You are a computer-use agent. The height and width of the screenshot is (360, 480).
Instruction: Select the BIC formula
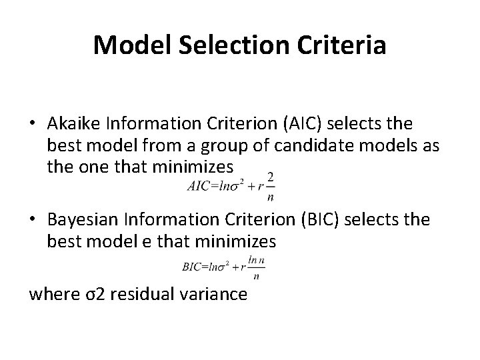point(220,267)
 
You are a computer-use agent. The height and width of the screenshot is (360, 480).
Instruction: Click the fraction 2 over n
point(270,186)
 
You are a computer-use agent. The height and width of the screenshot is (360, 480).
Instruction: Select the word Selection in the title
point(231,45)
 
